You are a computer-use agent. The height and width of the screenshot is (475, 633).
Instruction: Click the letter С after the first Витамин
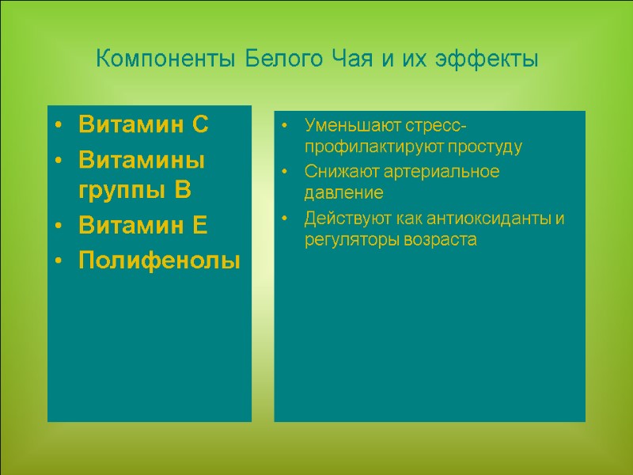200,125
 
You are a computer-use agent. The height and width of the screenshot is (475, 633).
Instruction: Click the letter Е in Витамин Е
199,226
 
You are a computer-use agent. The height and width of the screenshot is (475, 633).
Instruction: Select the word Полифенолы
159,260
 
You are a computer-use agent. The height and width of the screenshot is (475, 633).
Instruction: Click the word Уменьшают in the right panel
343,127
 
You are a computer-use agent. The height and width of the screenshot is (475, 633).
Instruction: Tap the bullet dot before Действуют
286,218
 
